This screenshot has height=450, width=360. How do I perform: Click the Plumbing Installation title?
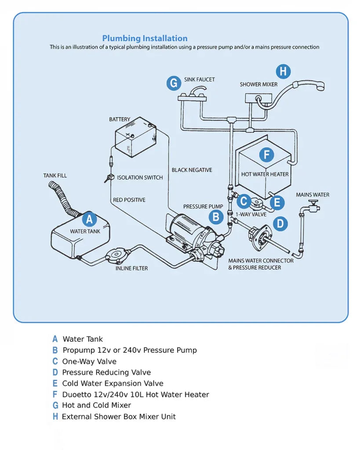[x=145, y=38]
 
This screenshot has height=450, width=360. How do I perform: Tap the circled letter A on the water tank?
[x=89, y=219]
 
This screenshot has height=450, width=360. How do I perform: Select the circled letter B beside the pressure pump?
[x=216, y=216]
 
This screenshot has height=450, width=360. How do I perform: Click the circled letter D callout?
[x=280, y=224]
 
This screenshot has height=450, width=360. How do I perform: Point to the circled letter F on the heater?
[x=266, y=155]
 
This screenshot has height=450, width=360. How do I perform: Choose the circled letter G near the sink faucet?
[x=174, y=83]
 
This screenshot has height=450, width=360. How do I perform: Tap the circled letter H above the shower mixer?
[x=283, y=71]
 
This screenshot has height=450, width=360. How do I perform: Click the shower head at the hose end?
[x=316, y=85]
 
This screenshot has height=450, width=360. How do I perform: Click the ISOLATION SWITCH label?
[x=140, y=178]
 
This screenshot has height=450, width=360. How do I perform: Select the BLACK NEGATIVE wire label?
[x=192, y=170]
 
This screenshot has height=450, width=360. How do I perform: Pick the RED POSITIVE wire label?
[x=129, y=200]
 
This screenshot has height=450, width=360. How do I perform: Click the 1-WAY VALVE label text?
[x=251, y=214]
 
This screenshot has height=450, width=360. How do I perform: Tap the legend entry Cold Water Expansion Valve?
[x=113, y=383]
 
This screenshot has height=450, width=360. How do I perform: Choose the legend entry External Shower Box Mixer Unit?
[x=119, y=416]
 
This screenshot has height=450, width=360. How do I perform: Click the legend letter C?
[x=55, y=361]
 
